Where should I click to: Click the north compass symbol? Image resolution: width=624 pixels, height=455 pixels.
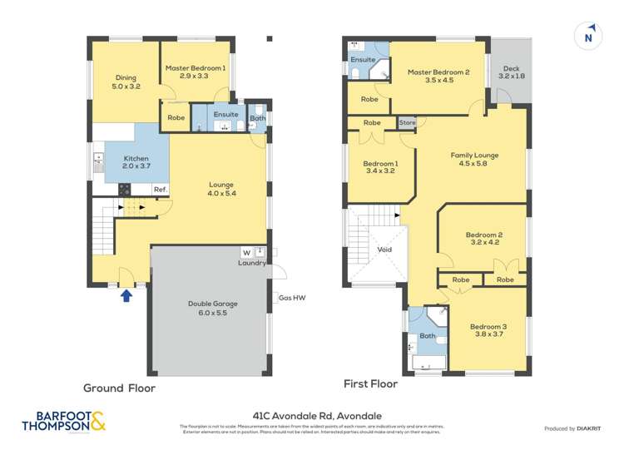[588, 36]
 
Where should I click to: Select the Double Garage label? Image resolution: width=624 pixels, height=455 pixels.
[207, 309]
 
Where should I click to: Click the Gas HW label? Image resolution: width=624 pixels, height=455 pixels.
[290, 297]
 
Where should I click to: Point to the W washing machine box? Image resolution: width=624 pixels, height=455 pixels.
[246, 252]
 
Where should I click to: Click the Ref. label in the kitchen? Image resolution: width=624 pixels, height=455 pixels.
[161, 190]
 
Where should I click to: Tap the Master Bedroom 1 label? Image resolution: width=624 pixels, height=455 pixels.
[194, 72]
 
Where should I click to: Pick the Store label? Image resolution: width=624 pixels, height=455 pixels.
[407, 123]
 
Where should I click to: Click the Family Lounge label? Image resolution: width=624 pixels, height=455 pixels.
[474, 159]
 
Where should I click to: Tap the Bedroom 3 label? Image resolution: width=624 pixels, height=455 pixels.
[488, 331]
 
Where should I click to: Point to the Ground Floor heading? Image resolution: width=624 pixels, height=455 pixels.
[119, 388]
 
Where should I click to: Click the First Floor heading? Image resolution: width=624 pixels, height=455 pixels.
[370, 384]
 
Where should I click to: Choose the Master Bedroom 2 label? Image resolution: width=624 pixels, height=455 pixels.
[438, 77]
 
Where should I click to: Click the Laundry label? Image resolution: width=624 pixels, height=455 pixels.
[251, 263]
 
